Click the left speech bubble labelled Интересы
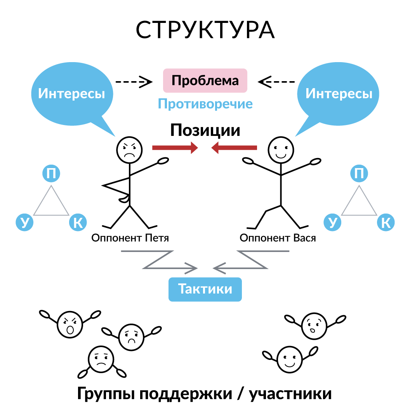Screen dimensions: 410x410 tap(71, 94)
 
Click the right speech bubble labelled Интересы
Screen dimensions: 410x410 tap(339, 94)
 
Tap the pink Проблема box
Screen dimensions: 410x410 tap(205, 80)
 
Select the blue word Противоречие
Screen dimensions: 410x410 tap(205, 104)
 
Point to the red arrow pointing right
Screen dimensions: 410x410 tap(175, 148)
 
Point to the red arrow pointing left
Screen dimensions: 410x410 tap(234, 148)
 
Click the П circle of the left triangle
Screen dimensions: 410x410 tap(51, 174)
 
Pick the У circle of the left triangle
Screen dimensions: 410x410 tap(24, 222)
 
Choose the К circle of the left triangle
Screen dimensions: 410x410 tap(78, 222)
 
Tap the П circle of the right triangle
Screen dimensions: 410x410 tap(359, 174)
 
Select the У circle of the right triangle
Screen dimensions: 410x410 tap(333, 222)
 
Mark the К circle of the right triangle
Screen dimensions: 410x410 tap(386, 222)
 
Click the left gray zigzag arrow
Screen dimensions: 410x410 tap(159, 260)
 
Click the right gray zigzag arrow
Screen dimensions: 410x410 tap(252, 260)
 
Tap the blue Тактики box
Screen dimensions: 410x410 tap(205, 289)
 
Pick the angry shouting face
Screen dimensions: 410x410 tap(70, 325)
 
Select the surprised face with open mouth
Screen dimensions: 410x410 tap(314, 326)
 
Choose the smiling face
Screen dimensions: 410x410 tap(290, 360)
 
